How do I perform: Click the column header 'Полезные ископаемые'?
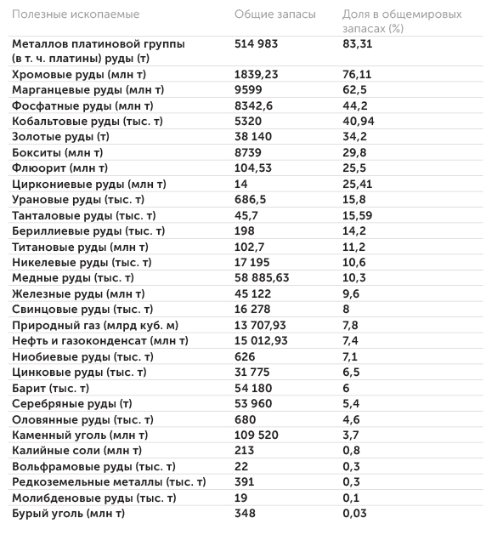[x=76, y=14]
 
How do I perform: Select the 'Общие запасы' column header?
[x=274, y=14]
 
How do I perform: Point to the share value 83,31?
[x=359, y=43]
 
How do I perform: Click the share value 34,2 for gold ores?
[x=354, y=137]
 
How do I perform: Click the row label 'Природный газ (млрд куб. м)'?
[x=95, y=325]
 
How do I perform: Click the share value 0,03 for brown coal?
[x=355, y=514]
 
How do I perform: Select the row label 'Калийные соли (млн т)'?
[x=76, y=451]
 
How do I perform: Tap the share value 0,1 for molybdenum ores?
[x=351, y=498]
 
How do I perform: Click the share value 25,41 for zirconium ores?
[x=359, y=184]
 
